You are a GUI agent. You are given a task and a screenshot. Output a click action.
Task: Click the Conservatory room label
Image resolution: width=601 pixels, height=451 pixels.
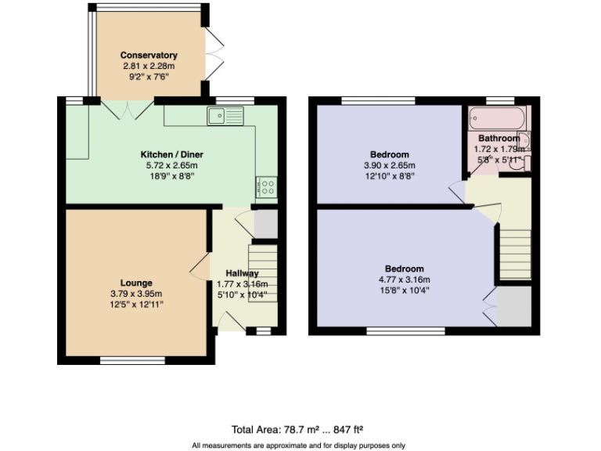tap(149, 56)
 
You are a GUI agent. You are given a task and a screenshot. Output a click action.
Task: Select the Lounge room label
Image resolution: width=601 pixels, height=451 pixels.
tap(136, 283)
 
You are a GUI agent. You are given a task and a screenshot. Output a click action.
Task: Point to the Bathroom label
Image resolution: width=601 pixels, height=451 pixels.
tap(498, 139)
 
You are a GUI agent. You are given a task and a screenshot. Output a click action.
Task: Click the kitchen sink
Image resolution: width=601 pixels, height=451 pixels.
tap(225, 117)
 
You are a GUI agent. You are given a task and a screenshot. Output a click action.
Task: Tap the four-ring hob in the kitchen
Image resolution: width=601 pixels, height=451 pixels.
tap(266, 187)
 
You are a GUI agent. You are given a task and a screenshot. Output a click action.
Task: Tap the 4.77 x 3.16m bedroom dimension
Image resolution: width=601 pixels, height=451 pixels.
tap(404, 280)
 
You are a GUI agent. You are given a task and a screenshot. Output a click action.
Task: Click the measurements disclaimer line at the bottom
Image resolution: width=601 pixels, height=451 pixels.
tap(298, 445)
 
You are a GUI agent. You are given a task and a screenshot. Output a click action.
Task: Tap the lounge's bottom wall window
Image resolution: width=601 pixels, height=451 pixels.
tap(121, 360)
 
